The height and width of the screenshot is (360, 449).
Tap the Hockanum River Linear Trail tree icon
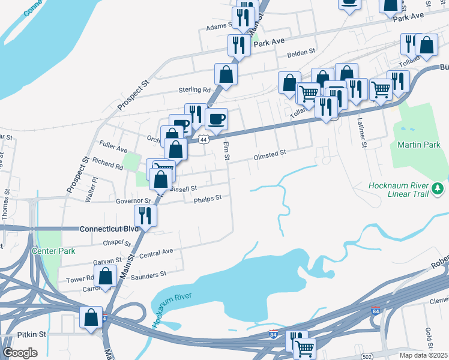pyautogui.click(x=439, y=190)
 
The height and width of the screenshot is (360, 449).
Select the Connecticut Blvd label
pyautogui.click(x=109, y=229)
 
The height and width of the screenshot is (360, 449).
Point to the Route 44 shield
pyautogui.click(x=204, y=139)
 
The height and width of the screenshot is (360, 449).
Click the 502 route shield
pyautogui.click(x=368, y=356)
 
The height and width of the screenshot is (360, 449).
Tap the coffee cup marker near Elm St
pyautogui.click(x=216, y=119)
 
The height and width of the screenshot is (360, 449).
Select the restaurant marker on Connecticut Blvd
pyautogui.click(x=145, y=215)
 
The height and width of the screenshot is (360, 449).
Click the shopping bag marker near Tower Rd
pyautogui.click(x=106, y=277)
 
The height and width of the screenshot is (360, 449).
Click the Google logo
pyautogui.click(x=20, y=352)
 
